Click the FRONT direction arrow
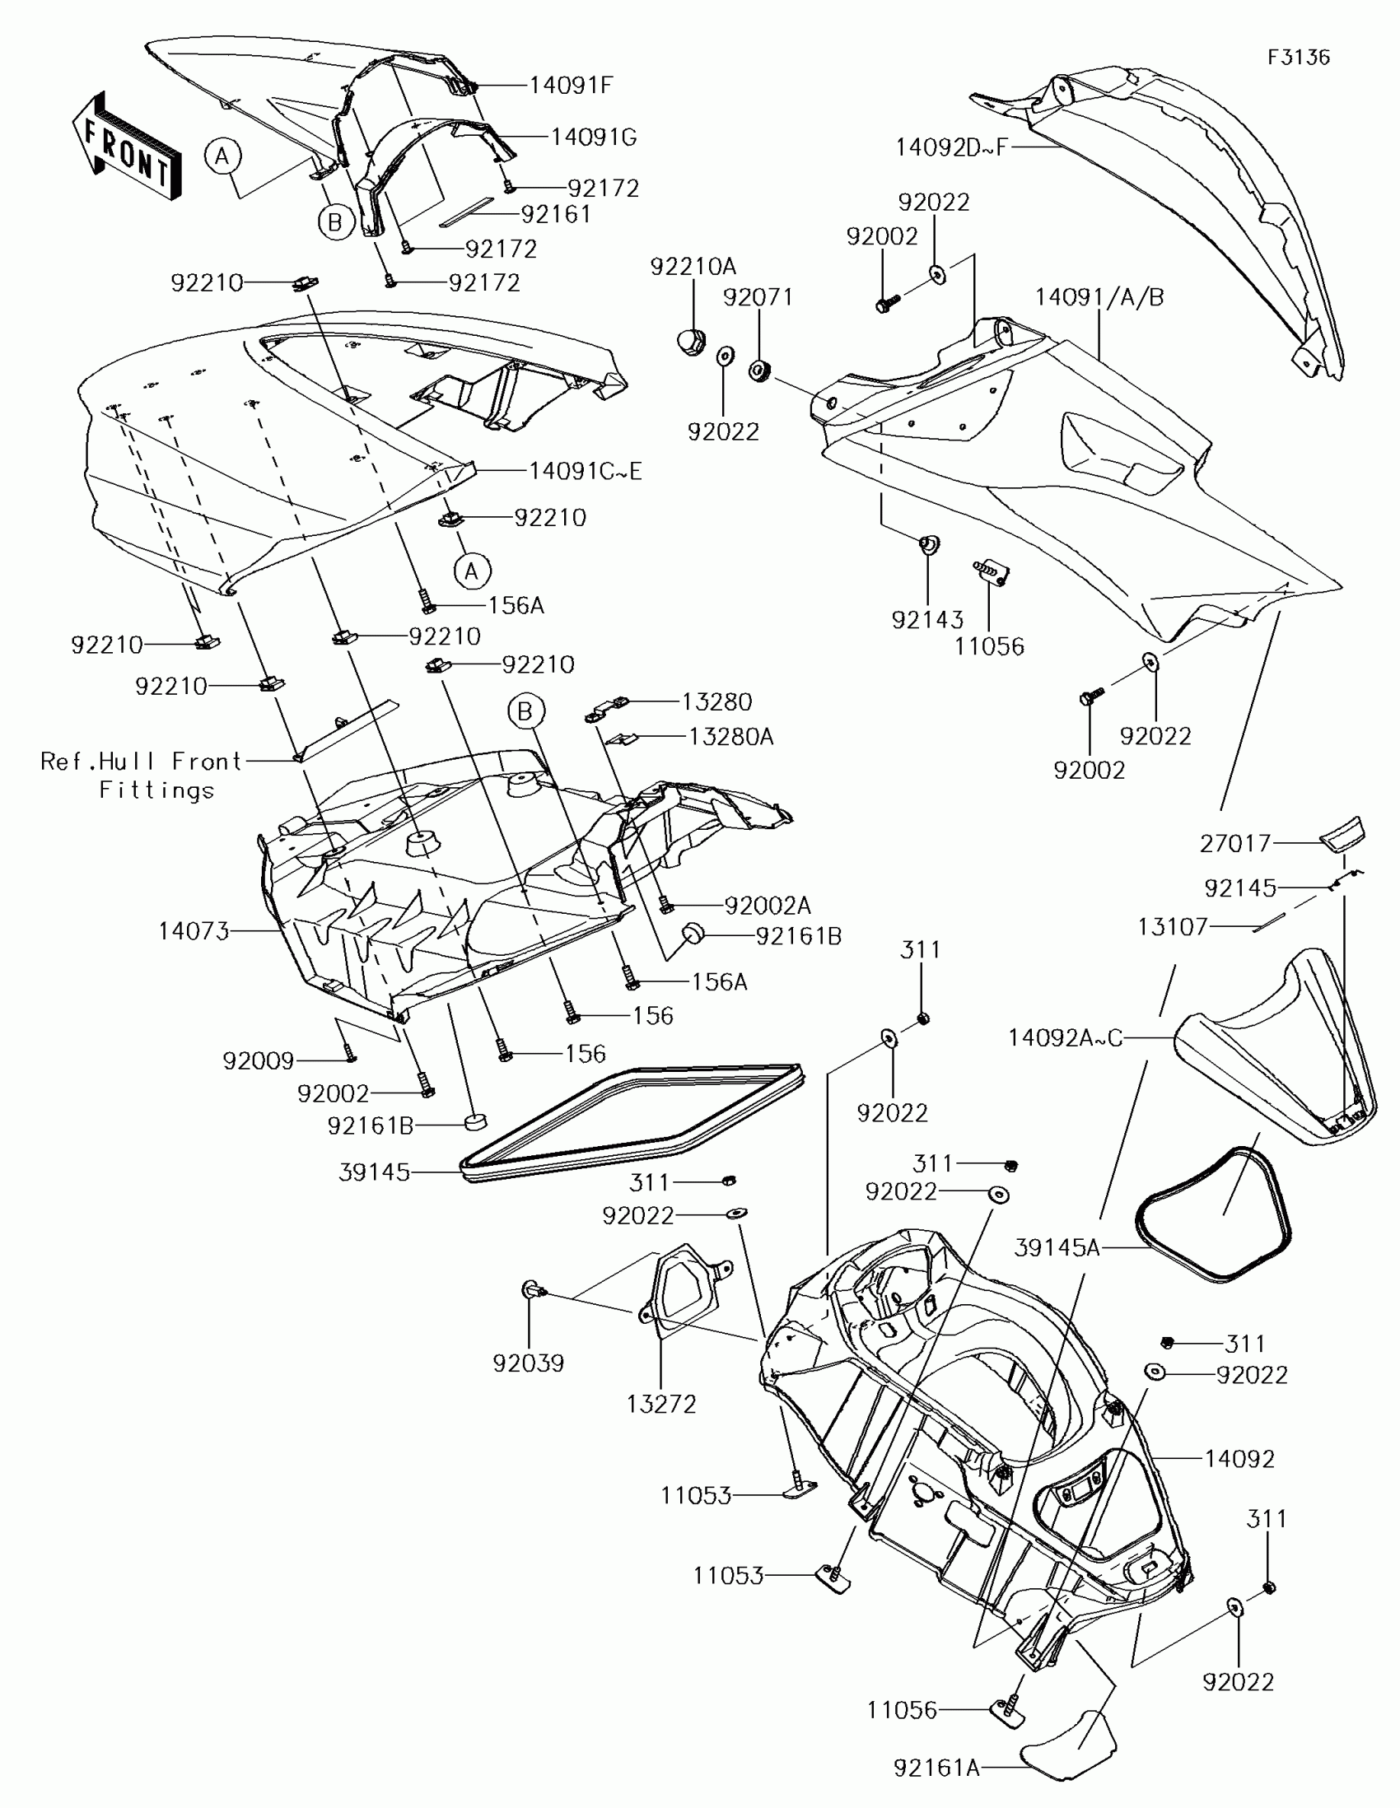click(x=127, y=147)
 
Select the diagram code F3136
click(x=1298, y=57)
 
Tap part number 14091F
click(x=571, y=86)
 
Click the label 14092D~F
click(x=951, y=147)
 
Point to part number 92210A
click(x=693, y=267)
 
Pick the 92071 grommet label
click(x=758, y=297)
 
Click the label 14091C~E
click(x=586, y=471)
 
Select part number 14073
click(x=194, y=931)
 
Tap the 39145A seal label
click(x=1057, y=1246)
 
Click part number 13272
click(x=661, y=1404)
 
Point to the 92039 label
click(x=528, y=1363)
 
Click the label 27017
click(x=1234, y=844)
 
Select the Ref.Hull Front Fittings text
click(x=141, y=776)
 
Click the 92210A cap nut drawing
click(x=689, y=340)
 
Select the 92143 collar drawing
click(x=928, y=545)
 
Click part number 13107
click(x=1173, y=927)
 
